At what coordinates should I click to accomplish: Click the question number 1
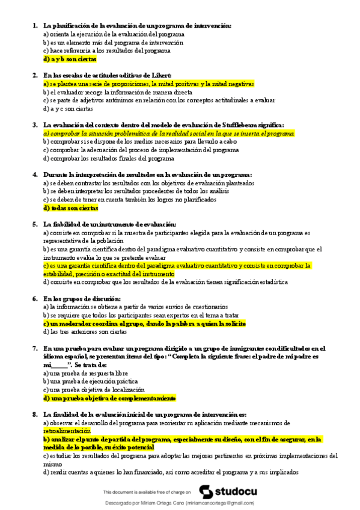coord(33,26)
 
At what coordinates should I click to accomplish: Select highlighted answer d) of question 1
coord(70,60)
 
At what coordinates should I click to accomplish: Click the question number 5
coord(33,224)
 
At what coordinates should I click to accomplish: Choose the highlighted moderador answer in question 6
coord(144,324)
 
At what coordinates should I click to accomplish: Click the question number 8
coord(33,414)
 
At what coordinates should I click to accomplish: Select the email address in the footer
coord(220,503)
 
